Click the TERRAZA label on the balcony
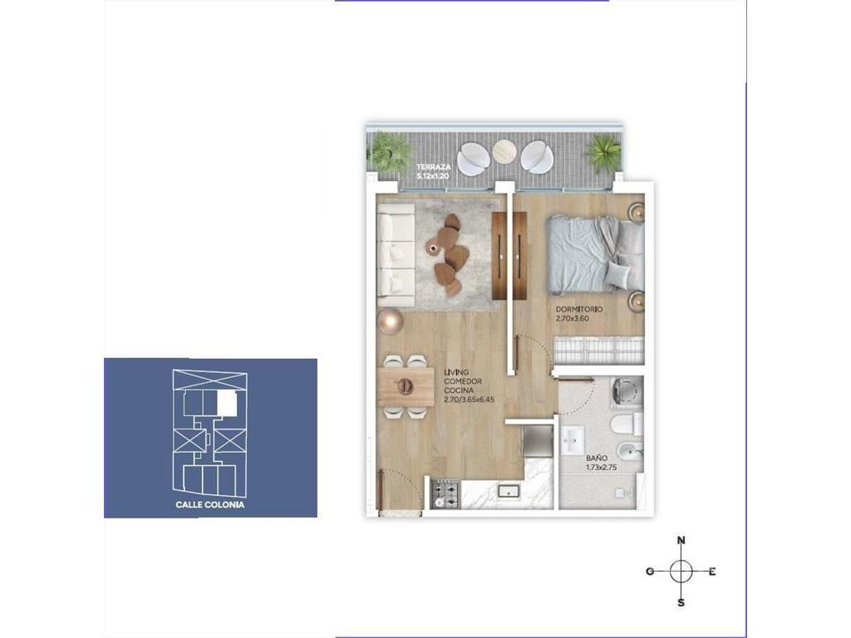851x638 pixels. (x=433, y=168)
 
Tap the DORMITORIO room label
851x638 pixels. (x=579, y=309)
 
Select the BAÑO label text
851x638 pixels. (x=596, y=458)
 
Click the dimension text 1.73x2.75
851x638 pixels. (x=602, y=467)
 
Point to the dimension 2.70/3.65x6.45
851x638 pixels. (x=469, y=400)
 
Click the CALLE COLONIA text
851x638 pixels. (x=210, y=504)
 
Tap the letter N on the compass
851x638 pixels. (x=681, y=540)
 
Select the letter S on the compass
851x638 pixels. (x=681, y=602)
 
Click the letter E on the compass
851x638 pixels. (x=712, y=572)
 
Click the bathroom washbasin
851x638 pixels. (x=572, y=439)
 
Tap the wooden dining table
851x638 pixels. (x=405, y=386)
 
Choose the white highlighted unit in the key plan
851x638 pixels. (x=227, y=403)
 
